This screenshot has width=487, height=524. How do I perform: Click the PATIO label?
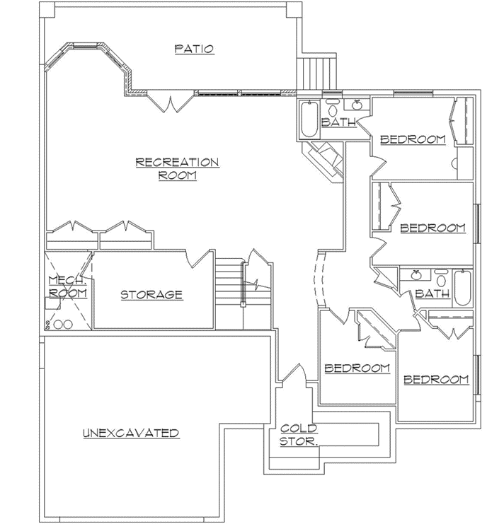[x=194, y=49]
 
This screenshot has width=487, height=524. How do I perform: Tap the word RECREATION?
[x=177, y=163]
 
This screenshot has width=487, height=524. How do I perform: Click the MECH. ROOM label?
[x=67, y=286]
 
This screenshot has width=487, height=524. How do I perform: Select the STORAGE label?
[x=151, y=295]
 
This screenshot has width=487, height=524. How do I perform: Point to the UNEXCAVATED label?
[x=130, y=433]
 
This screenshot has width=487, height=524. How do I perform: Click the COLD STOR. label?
[x=299, y=434]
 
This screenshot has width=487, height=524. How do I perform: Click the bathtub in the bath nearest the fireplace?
[x=309, y=120]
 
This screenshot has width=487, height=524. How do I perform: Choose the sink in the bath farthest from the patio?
[x=417, y=276]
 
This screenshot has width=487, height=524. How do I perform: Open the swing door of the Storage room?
[x=200, y=260]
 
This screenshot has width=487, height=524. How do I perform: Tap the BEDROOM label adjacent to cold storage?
[x=357, y=368]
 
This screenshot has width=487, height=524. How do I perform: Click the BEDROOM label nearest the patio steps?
[x=413, y=139]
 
